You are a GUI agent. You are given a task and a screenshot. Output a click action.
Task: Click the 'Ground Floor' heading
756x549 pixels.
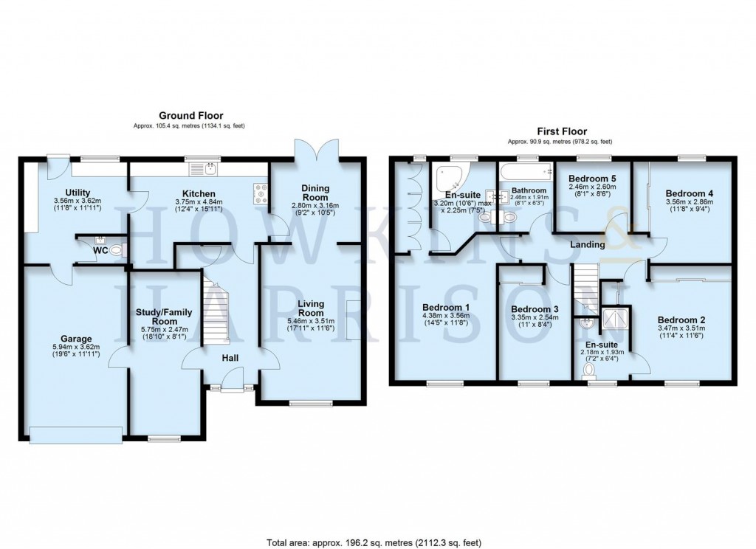[x=190, y=116]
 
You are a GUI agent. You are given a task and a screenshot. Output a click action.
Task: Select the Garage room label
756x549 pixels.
[x=77, y=339]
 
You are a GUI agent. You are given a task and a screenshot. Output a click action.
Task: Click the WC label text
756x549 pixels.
[x=90, y=251]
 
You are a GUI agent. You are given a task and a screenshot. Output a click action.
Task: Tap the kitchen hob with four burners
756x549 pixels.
[x=261, y=193]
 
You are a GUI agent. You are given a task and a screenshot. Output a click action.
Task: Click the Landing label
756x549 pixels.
[x=588, y=244]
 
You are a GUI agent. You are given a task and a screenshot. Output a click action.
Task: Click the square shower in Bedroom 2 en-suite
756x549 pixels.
[x=614, y=317]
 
